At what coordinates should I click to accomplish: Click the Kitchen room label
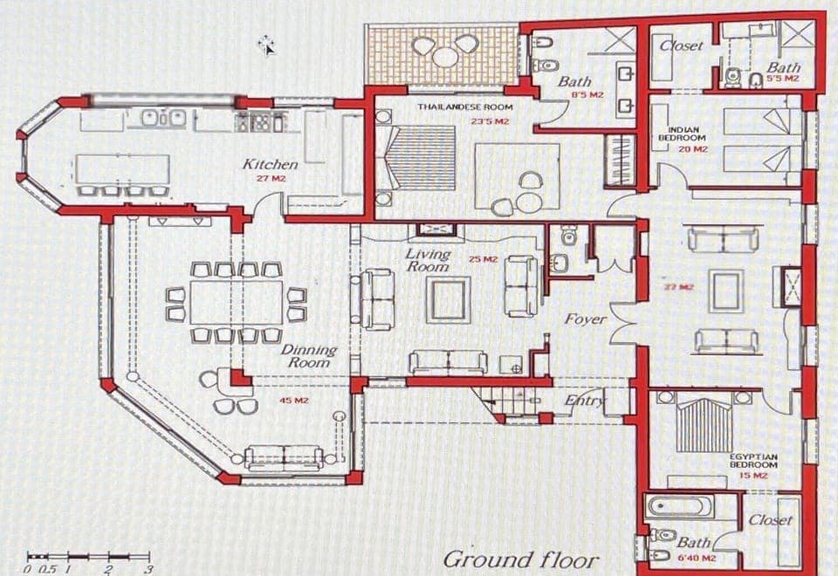pos(270,164)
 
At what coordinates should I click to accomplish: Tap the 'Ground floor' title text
pos(521,559)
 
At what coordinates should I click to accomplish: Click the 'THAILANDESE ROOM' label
pos(464,106)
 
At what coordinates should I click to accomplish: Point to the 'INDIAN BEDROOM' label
pos(682,134)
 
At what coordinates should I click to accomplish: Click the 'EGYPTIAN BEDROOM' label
pos(753,461)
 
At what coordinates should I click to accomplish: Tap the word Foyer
pos(585,319)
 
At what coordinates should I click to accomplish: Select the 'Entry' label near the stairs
pos(584,401)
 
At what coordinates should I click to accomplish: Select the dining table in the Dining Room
pos(237,302)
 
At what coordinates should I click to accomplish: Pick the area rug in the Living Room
pos(448,299)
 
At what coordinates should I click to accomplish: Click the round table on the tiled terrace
pos(445,57)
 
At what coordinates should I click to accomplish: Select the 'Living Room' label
pos(428,260)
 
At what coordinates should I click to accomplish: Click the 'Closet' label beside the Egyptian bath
pos(771,520)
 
